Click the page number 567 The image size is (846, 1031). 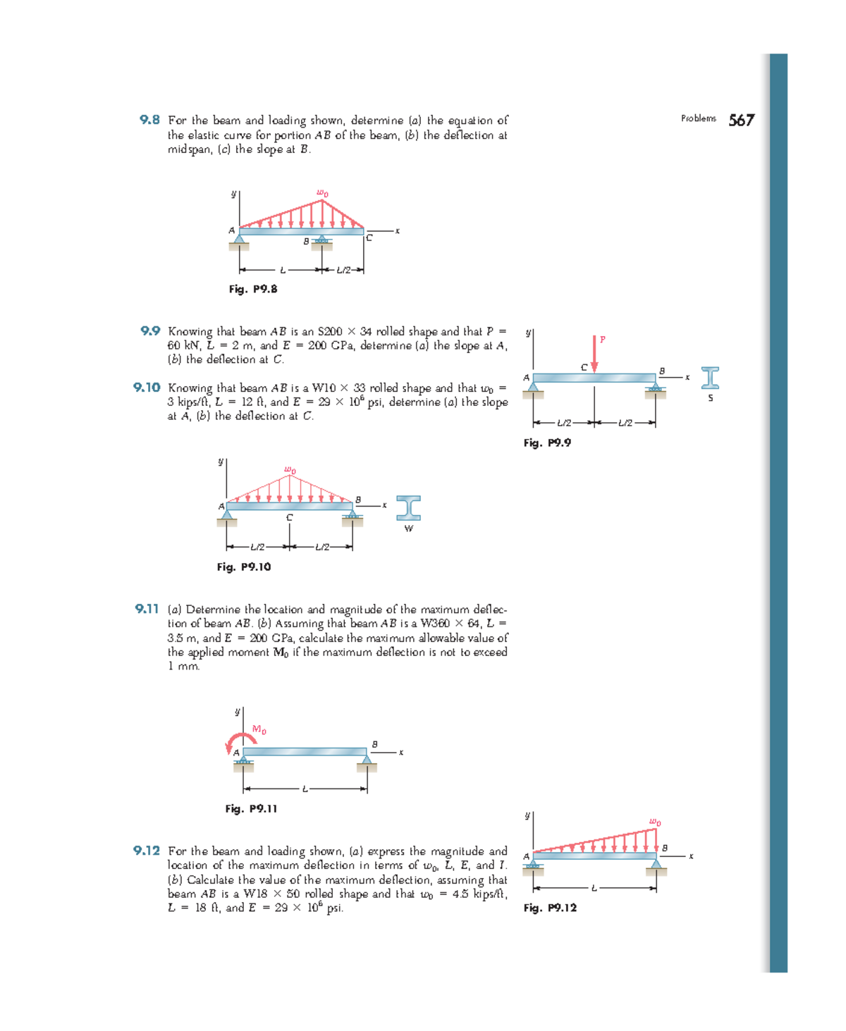pos(741,121)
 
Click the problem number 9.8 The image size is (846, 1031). pos(149,120)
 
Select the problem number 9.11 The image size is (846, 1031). pos(147,609)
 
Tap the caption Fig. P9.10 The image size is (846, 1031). pos(244,567)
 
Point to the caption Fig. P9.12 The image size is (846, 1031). pos(550,908)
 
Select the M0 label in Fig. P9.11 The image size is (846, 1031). pos(259,729)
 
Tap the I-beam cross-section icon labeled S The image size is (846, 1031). pos(710,378)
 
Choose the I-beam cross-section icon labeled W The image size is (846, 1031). pos(408,508)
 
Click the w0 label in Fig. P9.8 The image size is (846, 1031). pos(322,192)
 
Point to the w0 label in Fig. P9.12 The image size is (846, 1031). pos(655,822)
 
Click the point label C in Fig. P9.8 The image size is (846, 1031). pos(369,238)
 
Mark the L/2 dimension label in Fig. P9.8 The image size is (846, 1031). pos(343,270)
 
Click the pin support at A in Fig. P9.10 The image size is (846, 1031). pos(227,517)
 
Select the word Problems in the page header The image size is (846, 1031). pos(698,118)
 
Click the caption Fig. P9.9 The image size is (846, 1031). pos(547,443)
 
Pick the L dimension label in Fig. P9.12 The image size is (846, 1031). pos(594,888)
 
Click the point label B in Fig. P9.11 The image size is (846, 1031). pos(374,744)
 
